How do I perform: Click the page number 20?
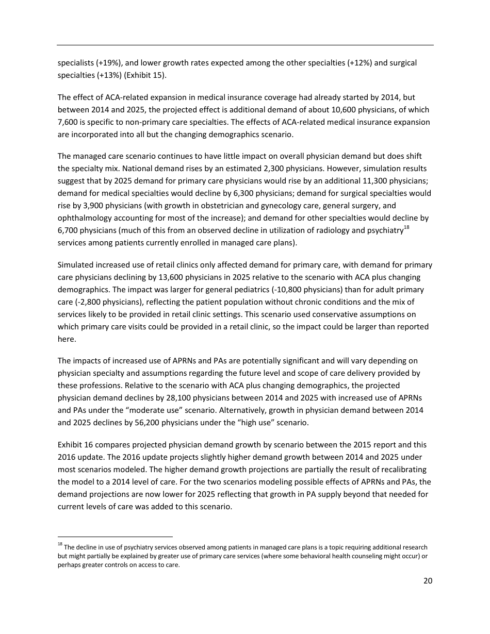pyautogui.click(x=428, y=581)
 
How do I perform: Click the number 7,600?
pyautogui.click(x=68, y=122)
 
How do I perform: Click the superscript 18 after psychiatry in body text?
pyautogui.click(x=406, y=227)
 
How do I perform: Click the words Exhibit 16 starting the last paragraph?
pyautogui.click(x=75, y=444)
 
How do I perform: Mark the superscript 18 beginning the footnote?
pyautogui.click(x=60, y=544)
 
